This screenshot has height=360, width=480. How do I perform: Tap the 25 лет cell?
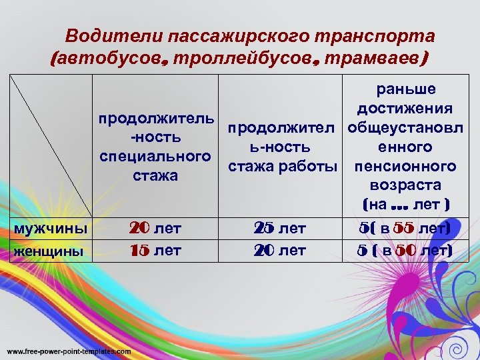coord(279,229)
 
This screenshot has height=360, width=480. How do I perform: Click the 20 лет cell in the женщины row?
coord(279,251)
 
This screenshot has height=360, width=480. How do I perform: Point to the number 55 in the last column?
coord(403,229)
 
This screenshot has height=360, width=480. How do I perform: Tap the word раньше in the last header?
coord(405,89)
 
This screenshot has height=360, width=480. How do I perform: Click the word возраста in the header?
coord(405,185)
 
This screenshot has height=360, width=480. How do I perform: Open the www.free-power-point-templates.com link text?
coord(69,351)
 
